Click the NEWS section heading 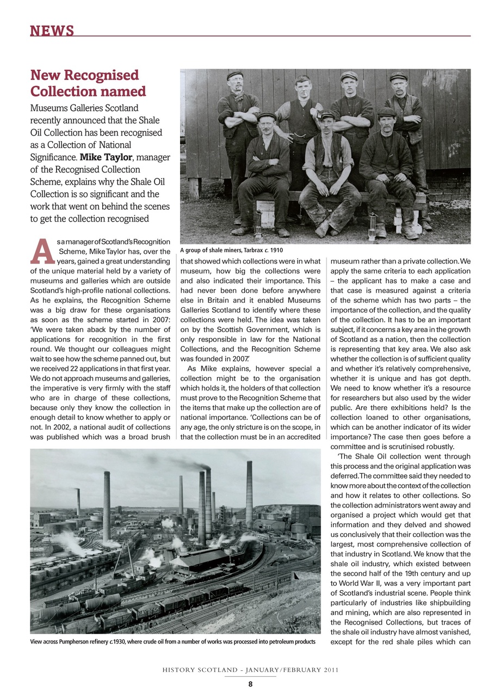click(x=52, y=31)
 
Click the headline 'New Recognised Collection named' click(x=88, y=83)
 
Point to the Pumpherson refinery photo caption click(x=172, y=642)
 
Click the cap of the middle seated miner click(x=326, y=114)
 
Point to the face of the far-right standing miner click(x=398, y=85)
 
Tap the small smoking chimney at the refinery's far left click(x=78, y=502)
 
